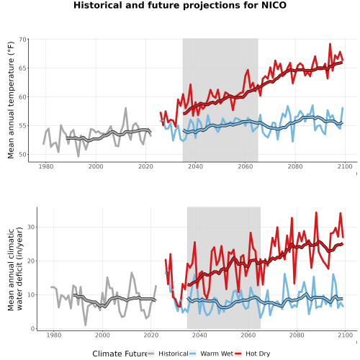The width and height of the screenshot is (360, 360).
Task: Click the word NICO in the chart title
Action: pos(274,5)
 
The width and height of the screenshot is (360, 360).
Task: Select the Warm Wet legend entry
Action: pos(211,354)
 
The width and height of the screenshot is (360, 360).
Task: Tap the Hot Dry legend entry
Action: pos(252,354)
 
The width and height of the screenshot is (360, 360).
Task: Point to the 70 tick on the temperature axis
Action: pos(22,40)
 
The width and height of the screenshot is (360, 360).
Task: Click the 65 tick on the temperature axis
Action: pos(22,68)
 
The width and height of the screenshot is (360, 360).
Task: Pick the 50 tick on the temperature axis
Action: pos(22,155)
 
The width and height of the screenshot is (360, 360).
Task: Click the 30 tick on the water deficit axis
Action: pos(31,227)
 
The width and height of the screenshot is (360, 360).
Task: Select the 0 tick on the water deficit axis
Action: pos(33,329)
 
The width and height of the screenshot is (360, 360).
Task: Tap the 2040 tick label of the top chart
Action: pos(195,166)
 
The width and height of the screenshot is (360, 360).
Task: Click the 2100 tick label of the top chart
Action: pos(345,166)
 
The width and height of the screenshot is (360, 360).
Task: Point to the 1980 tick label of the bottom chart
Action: pos(54,335)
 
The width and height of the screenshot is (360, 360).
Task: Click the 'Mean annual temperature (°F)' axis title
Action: pos(11,100)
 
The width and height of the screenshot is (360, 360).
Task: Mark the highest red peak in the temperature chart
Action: pos(330,44)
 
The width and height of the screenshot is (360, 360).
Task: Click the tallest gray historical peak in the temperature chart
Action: pos(125,108)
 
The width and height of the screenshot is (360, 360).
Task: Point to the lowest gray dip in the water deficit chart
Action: pos(86,325)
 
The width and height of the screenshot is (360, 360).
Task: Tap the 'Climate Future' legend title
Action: pos(120,354)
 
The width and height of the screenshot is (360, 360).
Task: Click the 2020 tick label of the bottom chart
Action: pos(151,335)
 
